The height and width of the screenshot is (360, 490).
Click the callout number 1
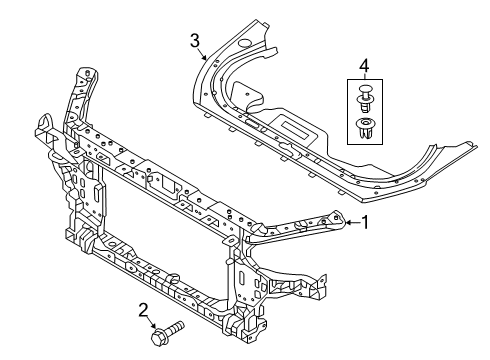click(366, 223)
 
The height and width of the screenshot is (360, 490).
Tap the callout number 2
click(144, 309)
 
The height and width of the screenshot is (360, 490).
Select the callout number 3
click(196, 40)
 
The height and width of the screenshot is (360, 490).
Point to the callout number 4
click(365, 67)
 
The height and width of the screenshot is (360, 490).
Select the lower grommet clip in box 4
click(364, 127)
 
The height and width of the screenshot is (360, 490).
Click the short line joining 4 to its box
click(365, 78)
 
